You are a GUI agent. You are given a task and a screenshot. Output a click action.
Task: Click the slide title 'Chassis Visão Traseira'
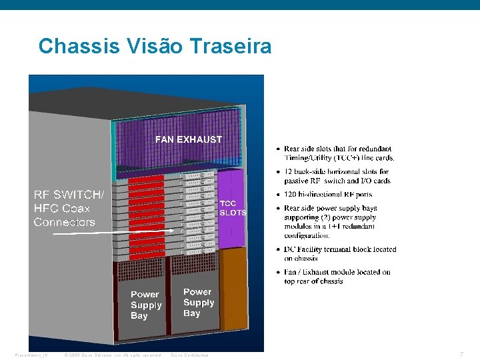point(155,47)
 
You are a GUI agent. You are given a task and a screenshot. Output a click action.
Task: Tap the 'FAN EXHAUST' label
point(189,140)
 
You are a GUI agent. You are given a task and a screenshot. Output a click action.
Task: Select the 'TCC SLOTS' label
point(233,208)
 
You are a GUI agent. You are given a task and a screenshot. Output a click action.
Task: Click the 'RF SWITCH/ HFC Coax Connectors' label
point(69,208)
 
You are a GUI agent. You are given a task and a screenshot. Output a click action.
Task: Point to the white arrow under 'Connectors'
point(113,232)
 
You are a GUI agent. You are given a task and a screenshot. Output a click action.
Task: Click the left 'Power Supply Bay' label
point(146,305)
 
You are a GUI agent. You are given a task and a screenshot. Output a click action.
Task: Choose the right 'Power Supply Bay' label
point(199,302)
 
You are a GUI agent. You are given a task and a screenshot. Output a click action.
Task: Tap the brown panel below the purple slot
point(233,287)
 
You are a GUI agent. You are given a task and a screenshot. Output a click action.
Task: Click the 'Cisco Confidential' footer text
point(190,355)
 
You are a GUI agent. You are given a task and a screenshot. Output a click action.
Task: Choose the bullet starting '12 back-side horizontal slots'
point(337,176)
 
